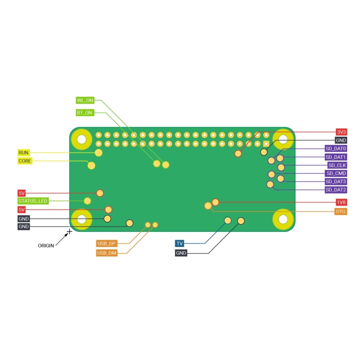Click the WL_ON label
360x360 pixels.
coord(85,100)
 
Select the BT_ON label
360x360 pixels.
coord(85,112)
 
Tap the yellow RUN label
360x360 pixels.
coord(24,153)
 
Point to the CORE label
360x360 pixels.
coord(25,161)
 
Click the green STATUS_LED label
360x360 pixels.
coord(32,201)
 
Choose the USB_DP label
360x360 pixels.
coord(106,243)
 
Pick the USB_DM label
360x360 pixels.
coord(106,253)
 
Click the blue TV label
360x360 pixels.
coord(180,243)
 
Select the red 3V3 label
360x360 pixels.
coord(342,132)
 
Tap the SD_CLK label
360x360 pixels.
coord(337,165)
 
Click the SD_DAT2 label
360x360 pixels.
coord(336,190)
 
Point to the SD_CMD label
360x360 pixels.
coord(336,173)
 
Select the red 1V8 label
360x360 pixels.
coord(342,202)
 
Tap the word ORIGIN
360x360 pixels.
coord(46,245)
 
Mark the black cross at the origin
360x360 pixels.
coord(69,232)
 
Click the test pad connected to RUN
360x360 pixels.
coord(99,153)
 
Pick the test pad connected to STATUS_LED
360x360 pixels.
coord(88,201)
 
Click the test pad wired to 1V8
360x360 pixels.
coord(216,202)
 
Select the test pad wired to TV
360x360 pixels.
coord(228,220)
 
